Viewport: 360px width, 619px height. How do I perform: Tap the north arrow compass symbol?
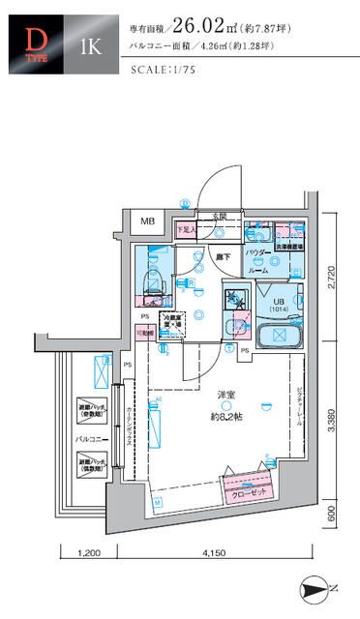click(318, 585)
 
